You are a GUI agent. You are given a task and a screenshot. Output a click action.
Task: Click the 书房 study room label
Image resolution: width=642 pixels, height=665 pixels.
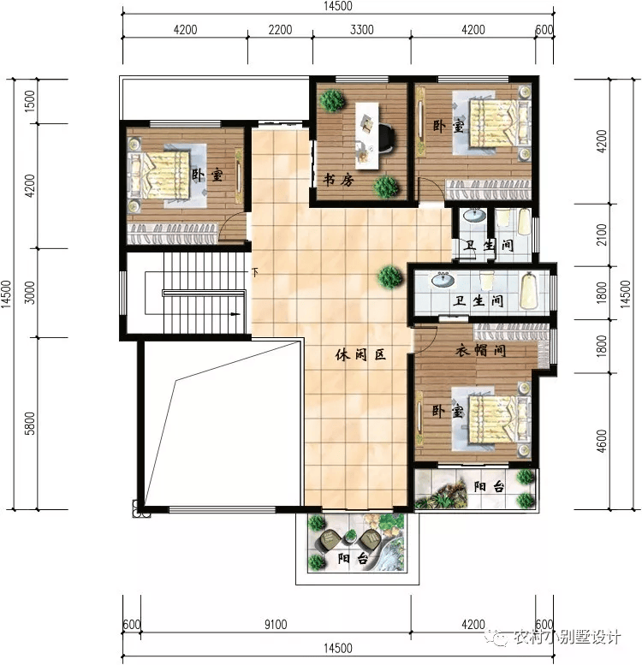(336, 181)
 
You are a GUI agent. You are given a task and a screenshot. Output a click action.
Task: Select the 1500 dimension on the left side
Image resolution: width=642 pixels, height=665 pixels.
(30, 101)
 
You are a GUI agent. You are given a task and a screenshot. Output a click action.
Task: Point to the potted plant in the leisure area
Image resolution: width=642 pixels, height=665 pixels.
(391, 276)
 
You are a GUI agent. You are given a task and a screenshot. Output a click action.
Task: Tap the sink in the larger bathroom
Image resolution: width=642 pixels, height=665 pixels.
(443, 280)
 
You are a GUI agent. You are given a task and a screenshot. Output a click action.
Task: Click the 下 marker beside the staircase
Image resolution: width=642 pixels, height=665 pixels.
(254, 273)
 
